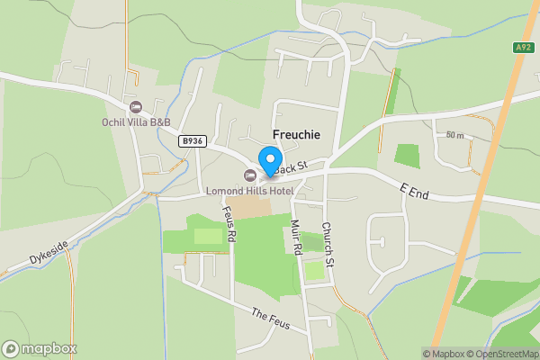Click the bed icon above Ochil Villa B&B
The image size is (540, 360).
(137, 107)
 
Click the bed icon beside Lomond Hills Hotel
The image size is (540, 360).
(250, 175)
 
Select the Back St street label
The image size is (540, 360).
(292, 166)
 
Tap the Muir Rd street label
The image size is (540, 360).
(295, 239)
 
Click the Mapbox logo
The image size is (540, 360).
(40, 349)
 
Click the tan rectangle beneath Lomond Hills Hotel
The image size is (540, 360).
(253, 206)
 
